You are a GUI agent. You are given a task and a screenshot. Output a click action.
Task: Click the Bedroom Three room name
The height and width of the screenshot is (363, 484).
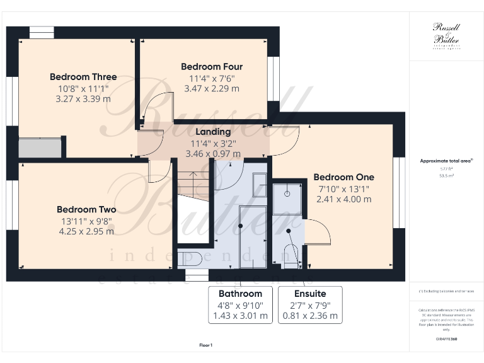point(83,77)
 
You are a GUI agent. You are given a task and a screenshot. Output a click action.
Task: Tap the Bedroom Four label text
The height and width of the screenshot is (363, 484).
point(212,67)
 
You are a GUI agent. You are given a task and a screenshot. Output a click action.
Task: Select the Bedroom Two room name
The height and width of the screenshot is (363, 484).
point(86,209)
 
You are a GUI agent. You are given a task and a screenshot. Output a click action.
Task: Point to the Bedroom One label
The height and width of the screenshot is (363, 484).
point(343,177)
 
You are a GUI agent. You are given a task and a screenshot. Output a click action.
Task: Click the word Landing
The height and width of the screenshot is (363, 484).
point(213,132)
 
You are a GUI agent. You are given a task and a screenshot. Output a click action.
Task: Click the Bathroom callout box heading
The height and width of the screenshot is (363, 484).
point(240,294)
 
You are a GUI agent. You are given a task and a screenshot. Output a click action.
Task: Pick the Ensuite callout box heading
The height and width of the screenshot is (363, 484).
point(310,294)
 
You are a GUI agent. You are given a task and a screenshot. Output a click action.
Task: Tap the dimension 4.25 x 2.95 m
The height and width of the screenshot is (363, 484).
point(86,231)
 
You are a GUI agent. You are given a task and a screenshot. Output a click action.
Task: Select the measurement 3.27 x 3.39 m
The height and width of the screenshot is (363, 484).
point(83,99)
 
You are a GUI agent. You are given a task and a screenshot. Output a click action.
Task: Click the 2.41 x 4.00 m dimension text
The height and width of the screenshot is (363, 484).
point(343,199)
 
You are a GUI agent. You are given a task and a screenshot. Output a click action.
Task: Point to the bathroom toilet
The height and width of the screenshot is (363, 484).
point(189,258)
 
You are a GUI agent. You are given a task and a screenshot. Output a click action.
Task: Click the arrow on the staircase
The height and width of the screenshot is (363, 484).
point(193,175)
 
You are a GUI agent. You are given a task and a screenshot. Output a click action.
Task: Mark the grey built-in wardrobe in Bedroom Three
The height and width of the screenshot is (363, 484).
point(40,148)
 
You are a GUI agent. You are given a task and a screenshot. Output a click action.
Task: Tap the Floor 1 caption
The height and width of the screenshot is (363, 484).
point(206,345)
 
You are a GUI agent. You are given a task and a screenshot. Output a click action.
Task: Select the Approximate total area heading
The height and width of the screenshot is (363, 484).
point(446,161)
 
